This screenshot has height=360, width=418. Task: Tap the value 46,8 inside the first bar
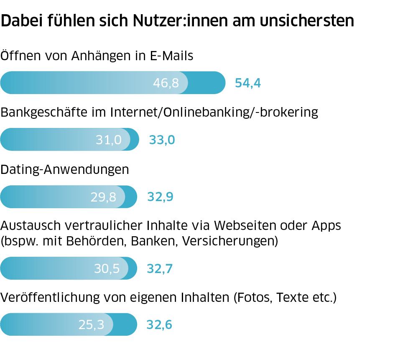[x=166, y=83]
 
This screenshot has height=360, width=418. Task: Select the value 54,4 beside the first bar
[x=248, y=83]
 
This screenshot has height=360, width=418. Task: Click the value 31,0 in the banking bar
[x=109, y=140]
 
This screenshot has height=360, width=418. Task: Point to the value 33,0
[x=162, y=140]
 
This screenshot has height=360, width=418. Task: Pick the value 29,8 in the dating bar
[x=103, y=197]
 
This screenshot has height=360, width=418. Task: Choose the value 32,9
[x=160, y=197]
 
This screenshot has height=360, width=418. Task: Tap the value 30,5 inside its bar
[x=107, y=268]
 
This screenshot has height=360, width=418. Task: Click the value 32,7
[x=160, y=268]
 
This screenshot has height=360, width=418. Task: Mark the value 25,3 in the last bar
[x=91, y=324]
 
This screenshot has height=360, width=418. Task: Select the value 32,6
[x=159, y=324]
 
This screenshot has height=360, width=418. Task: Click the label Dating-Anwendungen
[x=65, y=169]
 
